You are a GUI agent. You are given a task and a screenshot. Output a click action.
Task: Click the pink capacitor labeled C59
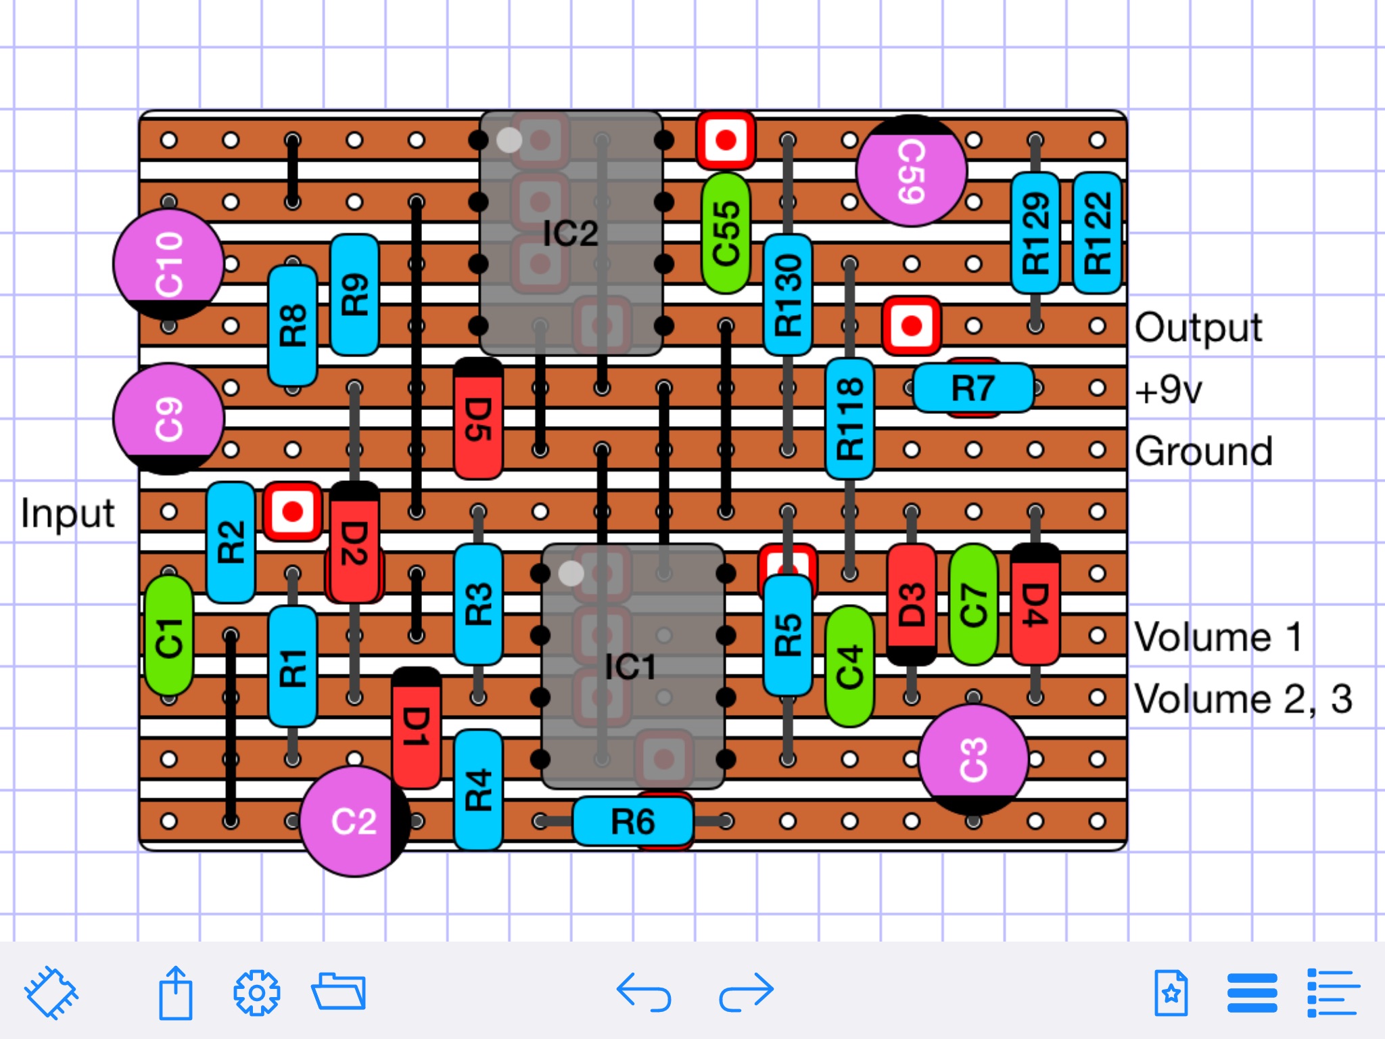coord(912,171)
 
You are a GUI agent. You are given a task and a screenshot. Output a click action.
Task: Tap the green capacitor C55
coord(726,233)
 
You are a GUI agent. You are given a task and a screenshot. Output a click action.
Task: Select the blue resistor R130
coord(788,295)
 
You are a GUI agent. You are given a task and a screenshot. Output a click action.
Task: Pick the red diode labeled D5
coord(478,419)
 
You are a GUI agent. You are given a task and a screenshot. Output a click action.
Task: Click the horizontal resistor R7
coord(973,388)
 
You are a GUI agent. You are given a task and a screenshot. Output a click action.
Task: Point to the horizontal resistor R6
coord(633,821)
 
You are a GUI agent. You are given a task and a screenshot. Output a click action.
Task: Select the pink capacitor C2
coord(355,821)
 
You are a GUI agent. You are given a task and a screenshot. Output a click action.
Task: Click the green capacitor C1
coord(169,635)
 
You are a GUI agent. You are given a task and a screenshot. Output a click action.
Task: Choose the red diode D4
coord(1035,604)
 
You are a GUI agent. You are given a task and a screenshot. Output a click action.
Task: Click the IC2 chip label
coord(571,234)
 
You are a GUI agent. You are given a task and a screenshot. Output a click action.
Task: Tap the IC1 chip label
coord(630,668)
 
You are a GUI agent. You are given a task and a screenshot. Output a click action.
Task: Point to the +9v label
coord(1169,390)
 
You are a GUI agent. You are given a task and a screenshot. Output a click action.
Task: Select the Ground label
coord(1204,451)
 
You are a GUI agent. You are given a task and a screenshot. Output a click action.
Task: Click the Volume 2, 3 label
coord(1243,699)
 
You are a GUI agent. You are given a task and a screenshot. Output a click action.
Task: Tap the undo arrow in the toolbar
coord(644,992)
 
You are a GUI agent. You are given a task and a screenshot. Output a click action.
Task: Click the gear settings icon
coord(256,993)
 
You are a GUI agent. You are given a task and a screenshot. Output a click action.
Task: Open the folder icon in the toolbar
coord(339,992)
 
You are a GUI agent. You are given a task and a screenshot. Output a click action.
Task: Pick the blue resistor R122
coord(1098,233)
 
